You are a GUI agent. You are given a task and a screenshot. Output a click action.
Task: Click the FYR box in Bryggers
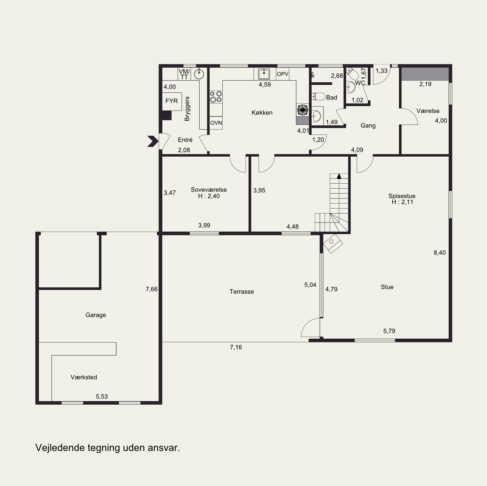tap(172, 101)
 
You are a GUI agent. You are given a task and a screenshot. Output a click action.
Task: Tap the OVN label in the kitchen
tap(216, 123)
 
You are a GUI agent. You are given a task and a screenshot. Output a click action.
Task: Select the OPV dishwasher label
tap(282, 74)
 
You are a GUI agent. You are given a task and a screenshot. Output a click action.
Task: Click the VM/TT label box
tap(184, 74)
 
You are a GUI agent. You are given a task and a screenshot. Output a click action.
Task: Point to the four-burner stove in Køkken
tap(216, 97)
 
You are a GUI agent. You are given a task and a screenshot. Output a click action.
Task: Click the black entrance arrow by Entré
tap(153, 141)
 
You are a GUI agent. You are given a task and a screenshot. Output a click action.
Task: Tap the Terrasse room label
tap(242, 292)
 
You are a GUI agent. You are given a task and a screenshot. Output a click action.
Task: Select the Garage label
tap(96, 315)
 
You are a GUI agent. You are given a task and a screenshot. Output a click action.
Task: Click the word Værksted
tap(84, 377)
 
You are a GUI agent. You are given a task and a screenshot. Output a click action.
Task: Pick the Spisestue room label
tap(402, 196)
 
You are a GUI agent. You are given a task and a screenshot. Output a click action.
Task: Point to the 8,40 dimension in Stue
tap(440, 253)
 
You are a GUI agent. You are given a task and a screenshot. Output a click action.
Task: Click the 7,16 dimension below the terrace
tap(236, 347)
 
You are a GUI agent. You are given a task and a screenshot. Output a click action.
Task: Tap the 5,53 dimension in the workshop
tap(102, 396)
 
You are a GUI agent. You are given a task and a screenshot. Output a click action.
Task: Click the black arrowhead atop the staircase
tap(339, 176)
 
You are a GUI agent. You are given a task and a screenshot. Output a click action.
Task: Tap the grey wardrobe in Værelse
tap(425, 74)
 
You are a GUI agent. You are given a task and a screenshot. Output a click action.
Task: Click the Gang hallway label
tap(368, 126)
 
